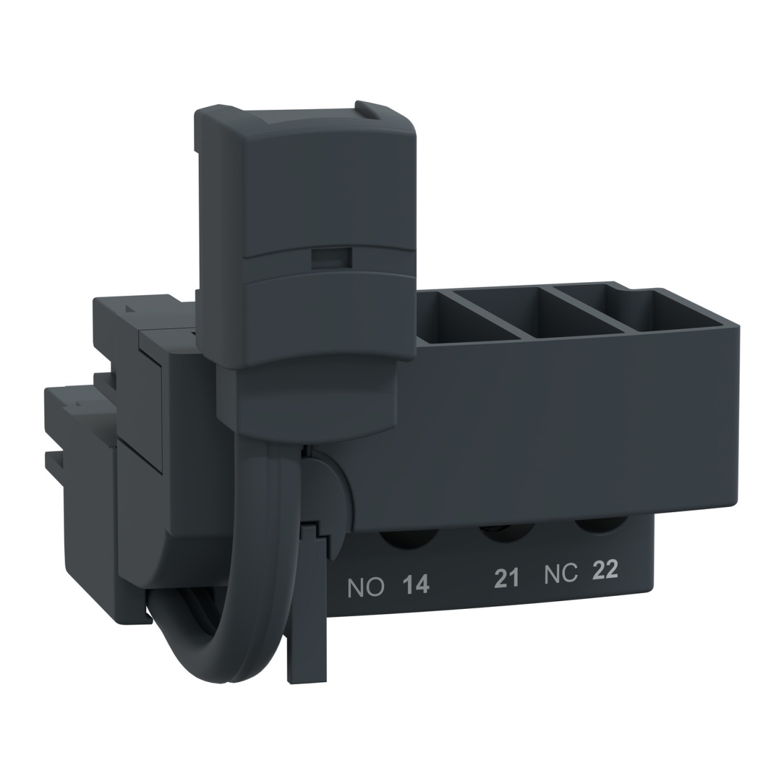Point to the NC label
coord(561,574)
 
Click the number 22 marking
coord(605,571)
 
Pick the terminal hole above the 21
coord(503,530)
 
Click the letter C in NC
coord(570,574)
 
